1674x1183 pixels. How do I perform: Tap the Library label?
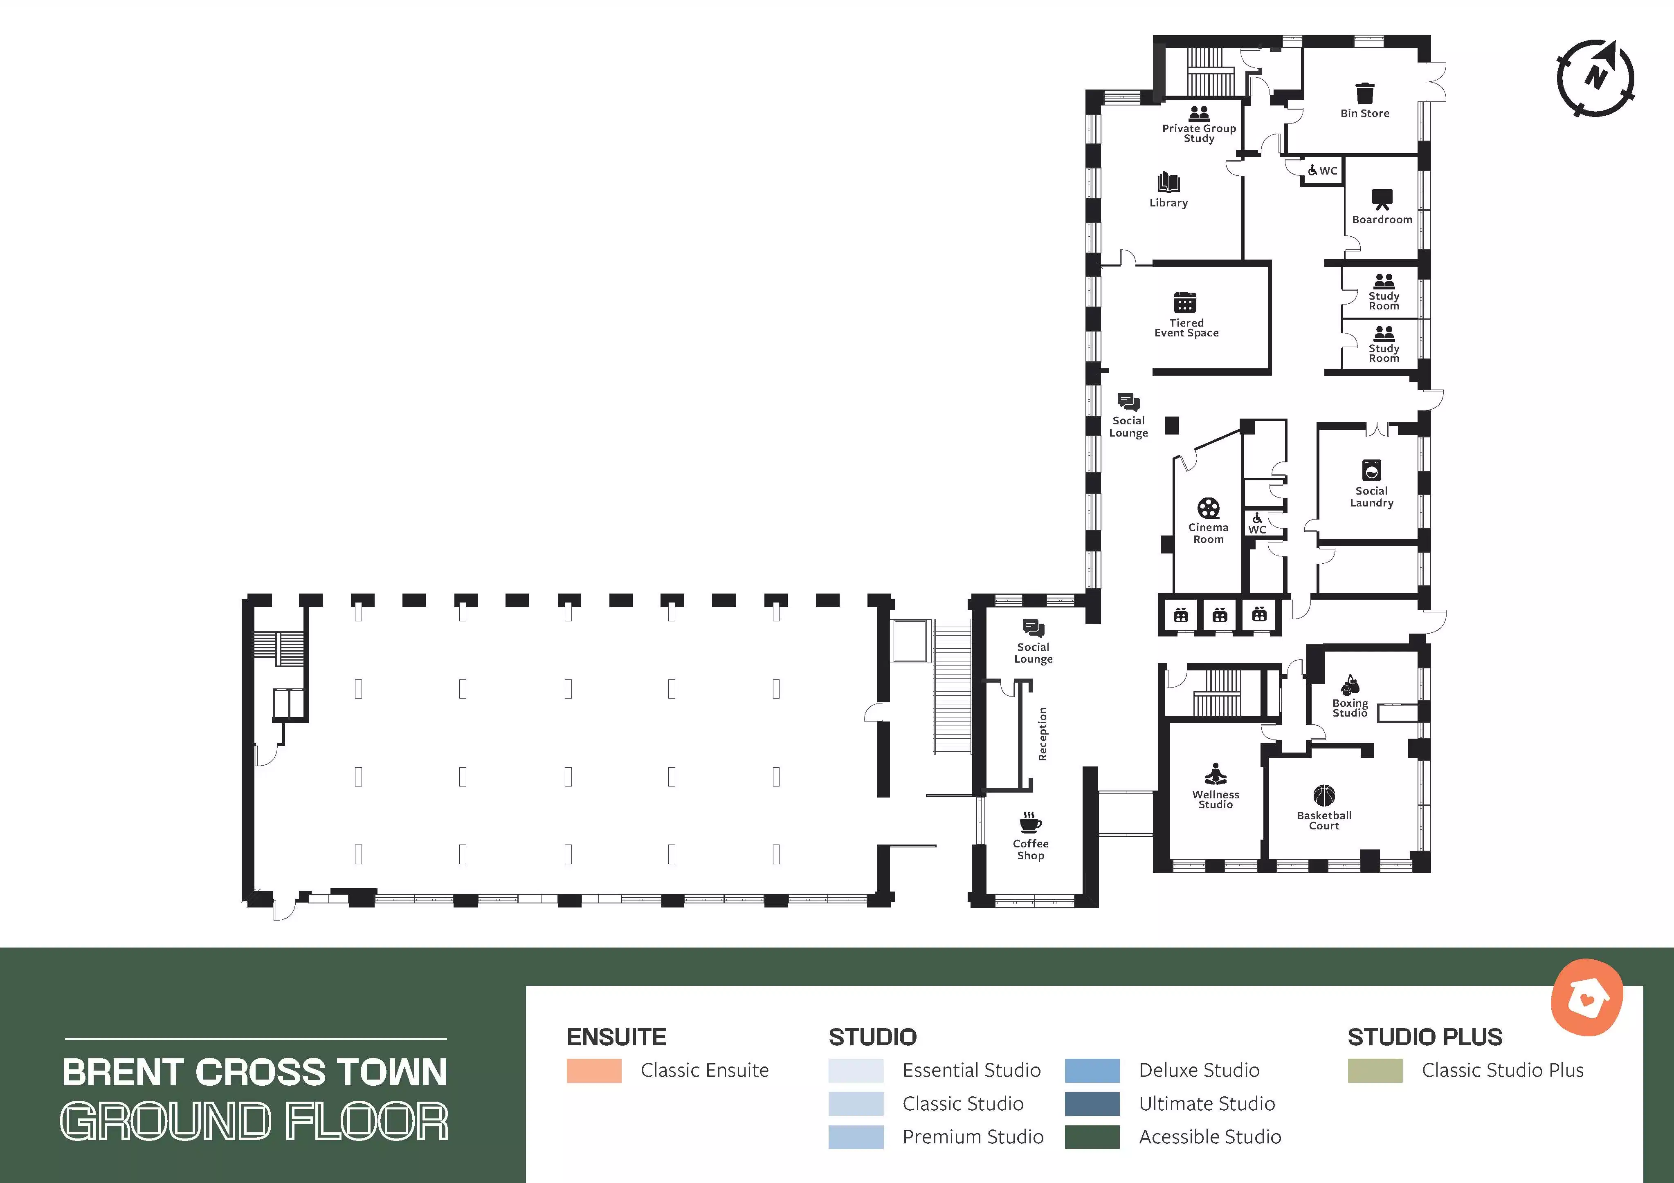tap(1169, 203)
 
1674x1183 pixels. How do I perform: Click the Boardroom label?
tap(1382, 220)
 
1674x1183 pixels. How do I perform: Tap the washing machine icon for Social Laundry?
tap(1371, 470)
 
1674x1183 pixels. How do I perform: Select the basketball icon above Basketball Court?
tap(1324, 795)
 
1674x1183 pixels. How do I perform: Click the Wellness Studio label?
tap(1216, 800)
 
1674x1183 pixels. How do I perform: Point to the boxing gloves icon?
tap(1350, 685)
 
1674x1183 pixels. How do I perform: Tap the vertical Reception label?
tap(1043, 734)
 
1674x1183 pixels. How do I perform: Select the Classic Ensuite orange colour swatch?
tap(594, 1071)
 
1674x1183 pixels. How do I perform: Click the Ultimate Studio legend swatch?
tap(1092, 1104)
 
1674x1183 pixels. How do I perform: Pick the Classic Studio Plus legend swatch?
tap(1375, 1071)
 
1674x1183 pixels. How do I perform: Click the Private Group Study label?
tap(1199, 133)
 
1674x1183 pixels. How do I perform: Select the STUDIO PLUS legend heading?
tap(1425, 1037)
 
